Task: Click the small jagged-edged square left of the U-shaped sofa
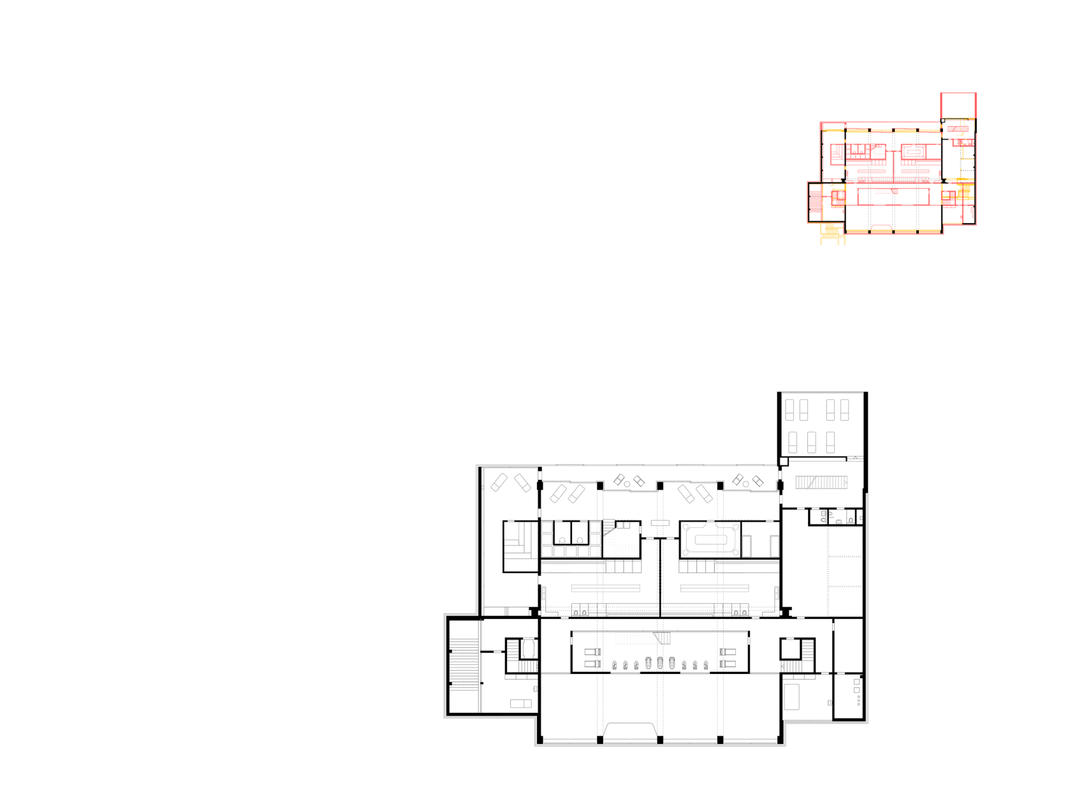point(511,530)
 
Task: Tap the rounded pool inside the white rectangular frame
point(710,539)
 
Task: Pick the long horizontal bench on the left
point(605,588)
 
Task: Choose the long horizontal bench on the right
point(714,588)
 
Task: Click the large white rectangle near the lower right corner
point(791,696)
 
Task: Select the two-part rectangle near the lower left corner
point(521,703)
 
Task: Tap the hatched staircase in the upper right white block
point(821,483)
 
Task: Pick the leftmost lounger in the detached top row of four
point(789,410)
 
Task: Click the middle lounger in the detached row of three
point(811,442)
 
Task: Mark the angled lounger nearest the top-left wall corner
point(499,482)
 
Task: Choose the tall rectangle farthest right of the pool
point(774,546)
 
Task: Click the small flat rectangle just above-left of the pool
point(660,523)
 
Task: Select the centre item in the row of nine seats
point(659,663)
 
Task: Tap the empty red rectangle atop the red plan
point(958,105)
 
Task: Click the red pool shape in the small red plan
point(914,152)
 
